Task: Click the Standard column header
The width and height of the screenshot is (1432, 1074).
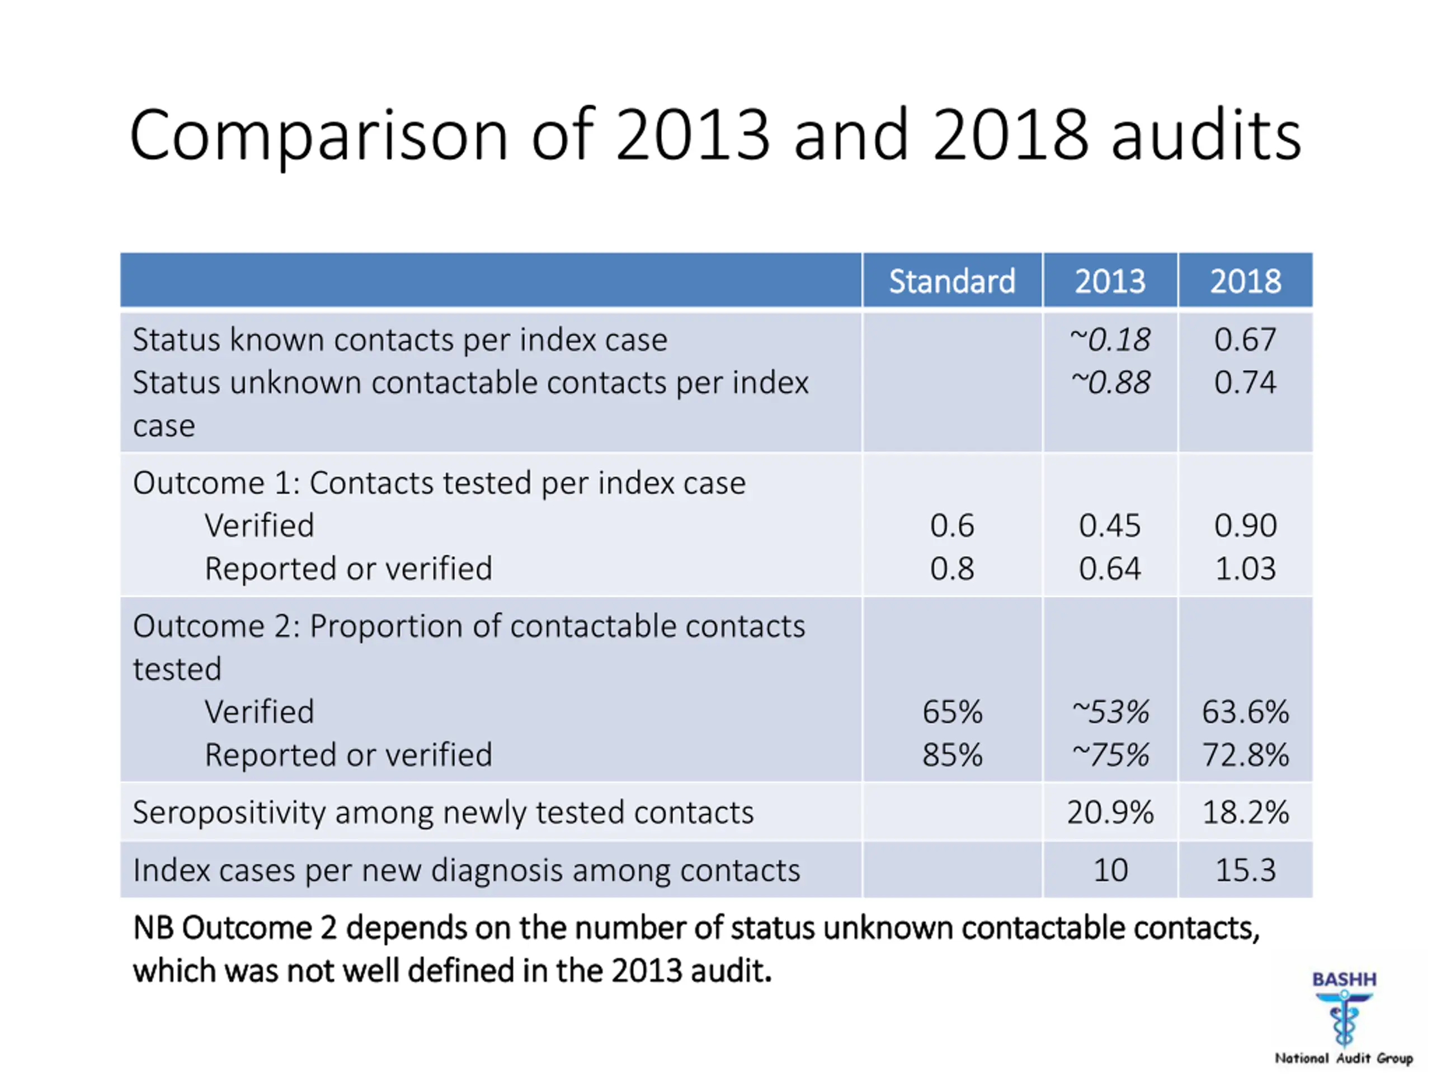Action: [x=951, y=281]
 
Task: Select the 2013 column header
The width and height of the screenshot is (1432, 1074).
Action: [x=1110, y=281]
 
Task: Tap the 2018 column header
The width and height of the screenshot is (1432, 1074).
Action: [x=1245, y=281]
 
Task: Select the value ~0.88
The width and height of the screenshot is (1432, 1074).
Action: [x=1110, y=382]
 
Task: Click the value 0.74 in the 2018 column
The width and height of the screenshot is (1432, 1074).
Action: [x=1245, y=382]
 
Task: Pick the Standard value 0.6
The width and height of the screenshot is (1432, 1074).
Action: [x=951, y=525]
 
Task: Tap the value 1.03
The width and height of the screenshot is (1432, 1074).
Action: [x=1245, y=568]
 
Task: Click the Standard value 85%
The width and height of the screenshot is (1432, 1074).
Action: [x=951, y=754]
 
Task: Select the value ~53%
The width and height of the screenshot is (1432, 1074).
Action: [x=1110, y=712]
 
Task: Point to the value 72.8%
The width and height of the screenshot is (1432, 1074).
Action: [x=1245, y=754]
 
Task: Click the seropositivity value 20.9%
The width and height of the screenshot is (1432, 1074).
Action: [x=1110, y=812]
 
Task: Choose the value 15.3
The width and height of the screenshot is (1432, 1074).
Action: [x=1245, y=869]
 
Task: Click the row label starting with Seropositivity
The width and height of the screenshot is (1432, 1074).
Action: [x=443, y=812]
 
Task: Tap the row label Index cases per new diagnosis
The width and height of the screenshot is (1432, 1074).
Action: [x=466, y=869]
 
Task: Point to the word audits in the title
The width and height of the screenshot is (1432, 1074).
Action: [x=1205, y=136]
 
